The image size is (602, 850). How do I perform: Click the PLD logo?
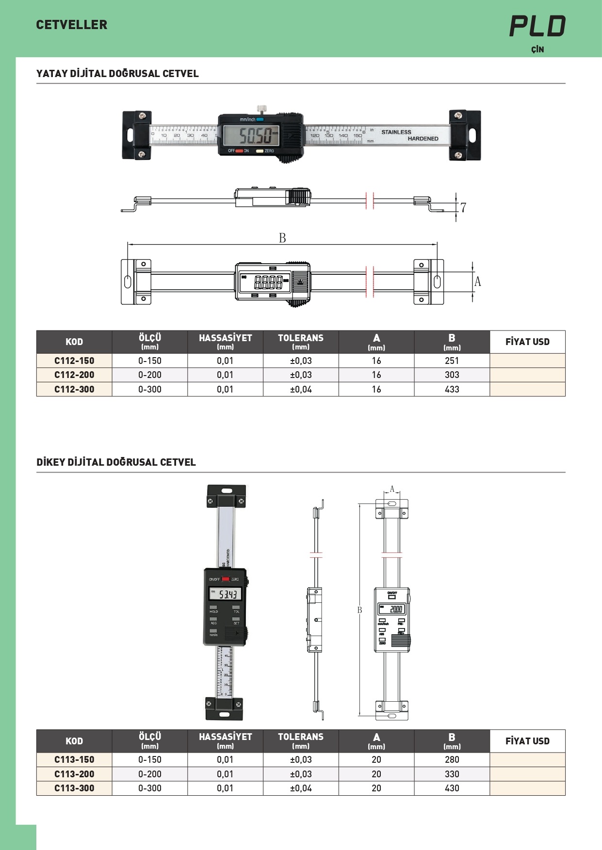[x=537, y=26]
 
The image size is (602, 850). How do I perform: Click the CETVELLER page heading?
[x=72, y=25]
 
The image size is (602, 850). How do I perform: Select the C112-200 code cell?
[x=74, y=375]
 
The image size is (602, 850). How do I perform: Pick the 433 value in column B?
[x=452, y=389]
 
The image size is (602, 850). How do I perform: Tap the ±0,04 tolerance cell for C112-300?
[x=301, y=389]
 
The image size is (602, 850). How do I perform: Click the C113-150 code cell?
[x=74, y=759]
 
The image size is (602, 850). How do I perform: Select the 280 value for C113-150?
[x=452, y=759]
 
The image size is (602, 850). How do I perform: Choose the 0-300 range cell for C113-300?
[x=150, y=788]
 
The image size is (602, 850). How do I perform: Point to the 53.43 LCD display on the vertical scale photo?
[x=225, y=594]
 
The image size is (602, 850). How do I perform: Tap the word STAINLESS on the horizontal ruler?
[x=396, y=132]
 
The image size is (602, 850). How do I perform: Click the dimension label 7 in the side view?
[x=463, y=207]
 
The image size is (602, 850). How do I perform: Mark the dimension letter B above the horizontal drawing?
[x=282, y=238]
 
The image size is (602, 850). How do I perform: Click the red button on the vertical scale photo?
[x=226, y=579]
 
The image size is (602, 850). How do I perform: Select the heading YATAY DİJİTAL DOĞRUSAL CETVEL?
[x=117, y=74]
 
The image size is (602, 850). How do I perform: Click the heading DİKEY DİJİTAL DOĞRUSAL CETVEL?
[x=116, y=462]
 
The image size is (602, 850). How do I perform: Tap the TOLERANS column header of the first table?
[x=301, y=342]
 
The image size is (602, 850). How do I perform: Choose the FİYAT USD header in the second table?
[x=527, y=741]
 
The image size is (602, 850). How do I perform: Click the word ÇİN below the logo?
[x=537, y=49]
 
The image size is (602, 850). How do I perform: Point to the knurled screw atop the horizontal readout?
[x=261, y=108]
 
